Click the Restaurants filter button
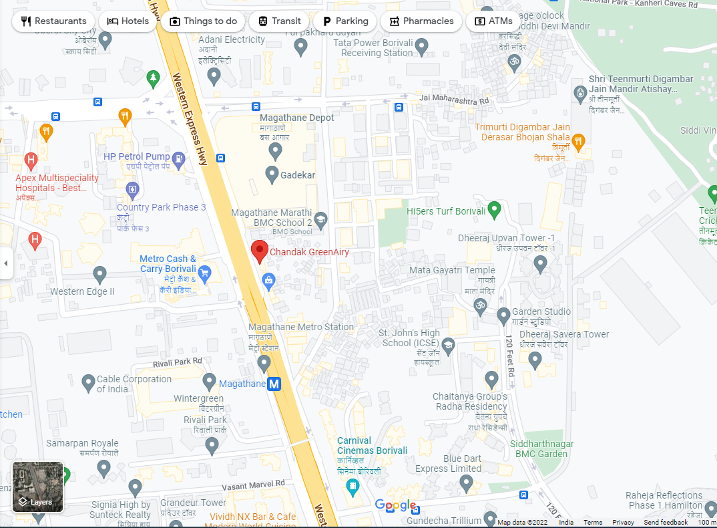tap(54, 21)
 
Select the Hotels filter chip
tap(128, 21)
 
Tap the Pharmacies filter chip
tap(421, 21)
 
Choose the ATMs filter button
tap(493, 21)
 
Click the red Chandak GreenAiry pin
tap(259, 251)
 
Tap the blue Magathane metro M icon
tap(274, 384)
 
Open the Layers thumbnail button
tap(38, 487)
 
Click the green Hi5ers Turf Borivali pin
tap(494, 210)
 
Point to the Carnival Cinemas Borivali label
tap(372, 446)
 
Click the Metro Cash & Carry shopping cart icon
tap(204, 273)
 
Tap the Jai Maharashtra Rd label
tap(454, 99)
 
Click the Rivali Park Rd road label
tap(177, 362)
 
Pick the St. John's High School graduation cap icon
tap(449, 346)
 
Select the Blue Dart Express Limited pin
tap(467, 483)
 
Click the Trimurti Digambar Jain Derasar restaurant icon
tap(578, 141)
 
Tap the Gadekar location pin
tap(272, 175)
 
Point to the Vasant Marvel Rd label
tap(252, 483)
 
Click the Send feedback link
tap(665, 522)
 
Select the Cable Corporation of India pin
tap(88, 383)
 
